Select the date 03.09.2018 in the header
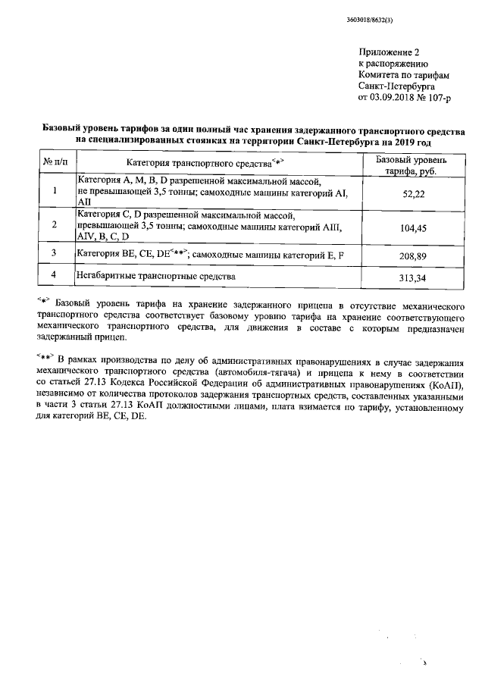(392, 97)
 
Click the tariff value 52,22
(412, 195)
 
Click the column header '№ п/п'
(55, 163)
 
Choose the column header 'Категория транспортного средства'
(205, 163)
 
